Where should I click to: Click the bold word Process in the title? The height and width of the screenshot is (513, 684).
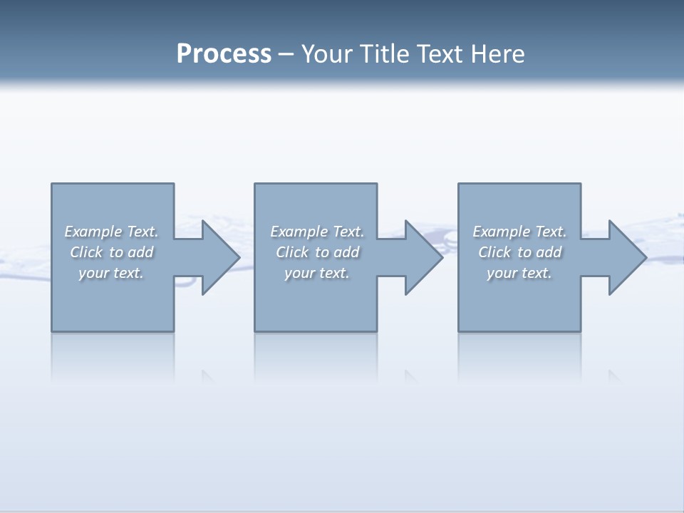tap(224, 54)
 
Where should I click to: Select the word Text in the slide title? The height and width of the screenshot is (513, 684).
tap(440, 54)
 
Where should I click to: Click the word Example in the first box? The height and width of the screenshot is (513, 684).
tap(93, 232)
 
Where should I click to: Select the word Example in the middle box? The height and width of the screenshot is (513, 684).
tap(299, 232)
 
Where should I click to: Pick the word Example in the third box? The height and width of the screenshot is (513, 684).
tap(501, 232)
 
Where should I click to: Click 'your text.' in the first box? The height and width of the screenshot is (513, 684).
tap(111, 273)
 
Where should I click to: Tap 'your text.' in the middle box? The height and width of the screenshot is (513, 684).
tap(317, 273)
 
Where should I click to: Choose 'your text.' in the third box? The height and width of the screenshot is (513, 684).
tap(519, 273)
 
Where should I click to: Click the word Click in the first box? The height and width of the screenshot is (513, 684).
tap(86, 252)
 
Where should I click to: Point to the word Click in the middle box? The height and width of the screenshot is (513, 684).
tap(292, 252)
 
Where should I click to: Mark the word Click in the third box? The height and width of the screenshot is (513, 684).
tap(494, 252)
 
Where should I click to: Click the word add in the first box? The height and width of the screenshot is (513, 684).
tap(141, 252)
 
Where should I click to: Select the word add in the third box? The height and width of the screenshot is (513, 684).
tap(549, 252)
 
